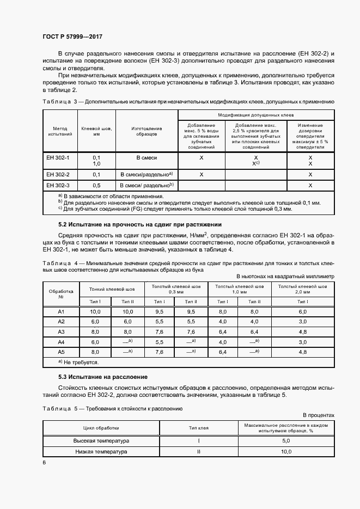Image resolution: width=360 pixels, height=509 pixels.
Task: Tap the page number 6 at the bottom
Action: [44, 462]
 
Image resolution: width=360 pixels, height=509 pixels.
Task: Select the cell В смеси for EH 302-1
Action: [147, 157]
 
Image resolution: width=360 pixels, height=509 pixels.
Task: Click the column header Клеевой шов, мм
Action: [96, 131]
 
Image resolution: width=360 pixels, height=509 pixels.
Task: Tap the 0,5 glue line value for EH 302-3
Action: [96, 186]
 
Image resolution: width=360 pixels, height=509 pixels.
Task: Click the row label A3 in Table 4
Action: [61, 332]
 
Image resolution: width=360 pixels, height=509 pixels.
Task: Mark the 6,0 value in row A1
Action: [303, 311]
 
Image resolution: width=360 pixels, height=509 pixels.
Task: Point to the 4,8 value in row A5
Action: [303, 352]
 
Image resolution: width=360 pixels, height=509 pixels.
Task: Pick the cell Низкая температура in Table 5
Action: [101, 452]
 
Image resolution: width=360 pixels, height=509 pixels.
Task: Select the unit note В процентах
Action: [319, 415]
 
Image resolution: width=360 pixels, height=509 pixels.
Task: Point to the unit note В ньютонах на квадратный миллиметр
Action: [285, 276]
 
